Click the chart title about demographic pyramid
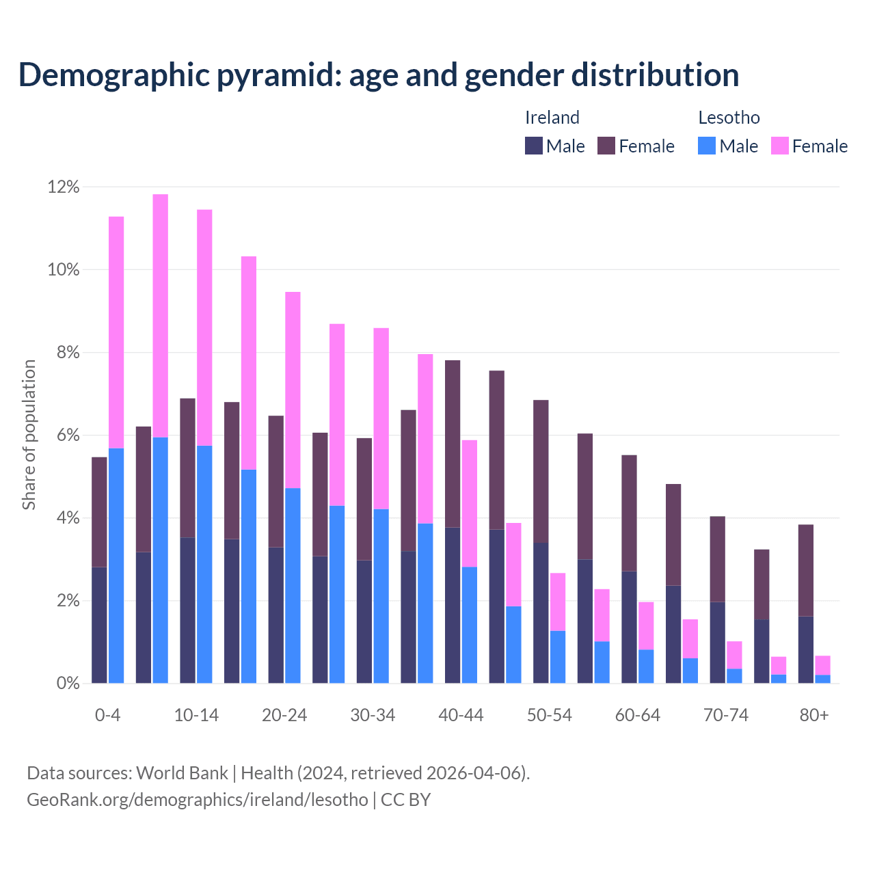(379, 75)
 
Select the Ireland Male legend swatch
(534, 146)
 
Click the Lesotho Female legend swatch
(780, 146)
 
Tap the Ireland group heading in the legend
(552, 118)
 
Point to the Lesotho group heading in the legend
(729, 118)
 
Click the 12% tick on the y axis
(63, 187)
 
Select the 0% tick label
(66, 683)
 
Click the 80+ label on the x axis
(814, 715)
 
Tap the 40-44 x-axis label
(461, 715)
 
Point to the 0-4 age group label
(108, 715)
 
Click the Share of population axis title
(29, 435)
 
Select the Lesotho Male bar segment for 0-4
(116, 565)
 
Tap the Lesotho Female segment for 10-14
(204, 327)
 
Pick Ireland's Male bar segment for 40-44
(453, 605)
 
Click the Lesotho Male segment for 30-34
(381, 595)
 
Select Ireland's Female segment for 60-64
(629, 513)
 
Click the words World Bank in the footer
(182, 773)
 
